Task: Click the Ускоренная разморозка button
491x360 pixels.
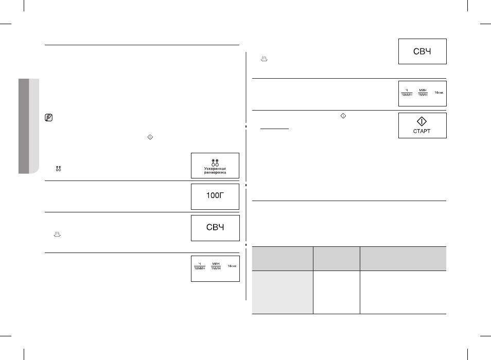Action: pos(215,166)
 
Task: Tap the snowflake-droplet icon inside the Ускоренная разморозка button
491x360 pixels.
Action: pos(215,163)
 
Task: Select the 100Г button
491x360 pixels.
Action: pos(215,196)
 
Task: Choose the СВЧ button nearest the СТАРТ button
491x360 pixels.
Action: pos(423,51)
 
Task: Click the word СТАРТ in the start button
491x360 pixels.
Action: pos(422,131)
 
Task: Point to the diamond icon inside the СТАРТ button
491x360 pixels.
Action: pos(422,121)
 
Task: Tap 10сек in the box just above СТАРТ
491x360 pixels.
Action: pos(439,93)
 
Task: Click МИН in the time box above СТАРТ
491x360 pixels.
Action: pos(423,91)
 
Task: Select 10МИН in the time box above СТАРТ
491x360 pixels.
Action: pos(407,95)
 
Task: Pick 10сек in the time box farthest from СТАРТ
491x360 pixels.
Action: pos(232,266)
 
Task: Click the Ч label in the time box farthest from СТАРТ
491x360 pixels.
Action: pos(200,264)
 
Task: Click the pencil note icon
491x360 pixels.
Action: pos(48,118)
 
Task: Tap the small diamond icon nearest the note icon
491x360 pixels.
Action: pos(150,137)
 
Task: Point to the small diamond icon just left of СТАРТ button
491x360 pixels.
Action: pos(343,116)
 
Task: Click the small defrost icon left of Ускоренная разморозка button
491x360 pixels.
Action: pos(58,169)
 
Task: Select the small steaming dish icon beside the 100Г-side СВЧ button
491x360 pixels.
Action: pos(57,235)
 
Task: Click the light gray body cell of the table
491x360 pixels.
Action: pos(283,292)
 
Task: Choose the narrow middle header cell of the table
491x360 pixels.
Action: pos(337,258)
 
